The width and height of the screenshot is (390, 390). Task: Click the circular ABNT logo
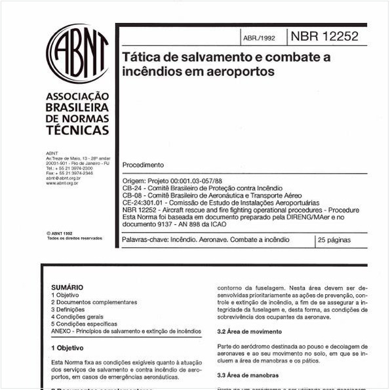coord(77,54)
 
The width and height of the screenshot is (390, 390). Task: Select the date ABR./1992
coord(259,38)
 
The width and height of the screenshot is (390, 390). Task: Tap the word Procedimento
coord(143,165)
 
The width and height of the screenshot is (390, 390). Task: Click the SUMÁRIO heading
coord(67,287)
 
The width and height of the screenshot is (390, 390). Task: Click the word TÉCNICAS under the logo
coord(77,130)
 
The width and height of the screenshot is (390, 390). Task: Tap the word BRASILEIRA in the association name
coord(77,107)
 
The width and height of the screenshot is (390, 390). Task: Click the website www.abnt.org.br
coord(62,183)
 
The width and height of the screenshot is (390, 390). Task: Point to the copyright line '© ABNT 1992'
coord(59,233)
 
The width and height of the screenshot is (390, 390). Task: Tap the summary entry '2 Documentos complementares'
coord(94,302)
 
